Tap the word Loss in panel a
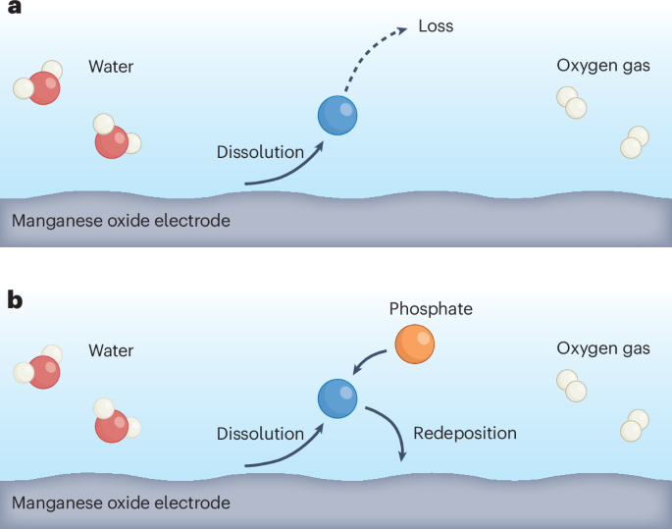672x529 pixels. [x=436, y=26]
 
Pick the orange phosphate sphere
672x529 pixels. [x=414, y=344]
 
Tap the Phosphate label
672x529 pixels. [x=431, y=309]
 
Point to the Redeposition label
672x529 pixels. [x=464, y=433]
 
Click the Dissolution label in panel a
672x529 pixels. [x=260, y=151]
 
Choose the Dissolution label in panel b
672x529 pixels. [x=260, y=433]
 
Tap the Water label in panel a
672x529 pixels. [x=111, y=67]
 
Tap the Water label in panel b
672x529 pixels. [x=111, y=350]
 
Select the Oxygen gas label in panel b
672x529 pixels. [x=602, y=348]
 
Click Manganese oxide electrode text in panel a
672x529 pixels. [x=121, y=220]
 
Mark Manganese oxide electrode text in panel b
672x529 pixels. [x=121, y=503]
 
